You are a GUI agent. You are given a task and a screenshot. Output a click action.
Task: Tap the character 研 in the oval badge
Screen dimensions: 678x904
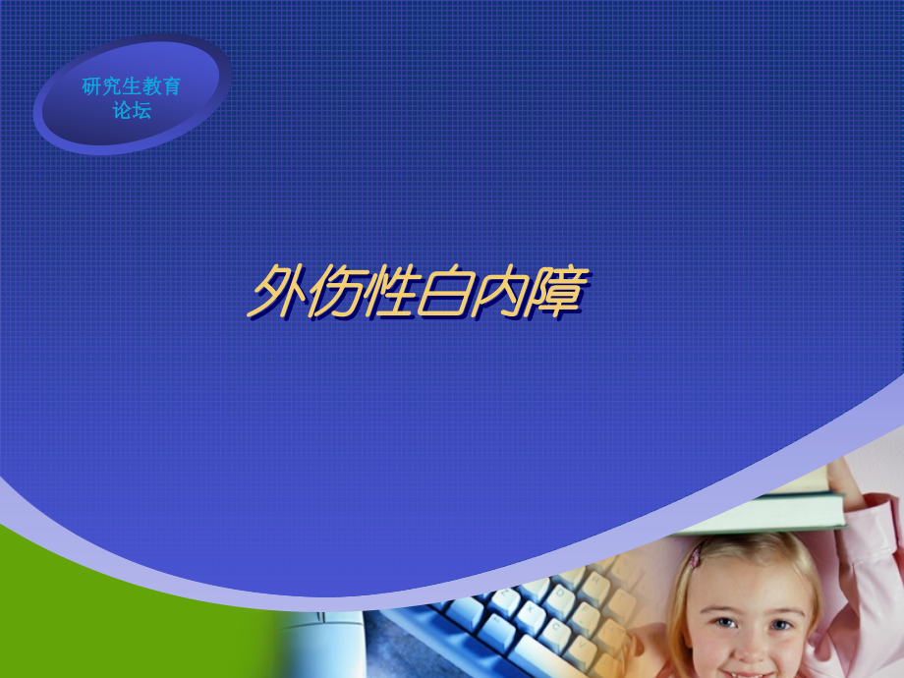(x=91, y=86)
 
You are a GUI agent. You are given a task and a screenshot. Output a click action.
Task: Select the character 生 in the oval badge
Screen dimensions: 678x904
(x=132, y=86)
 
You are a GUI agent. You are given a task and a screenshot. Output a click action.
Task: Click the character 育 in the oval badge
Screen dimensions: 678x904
(x=172, y=86)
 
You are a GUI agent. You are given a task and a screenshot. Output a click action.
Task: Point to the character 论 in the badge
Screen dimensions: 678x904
(x=122, y=110)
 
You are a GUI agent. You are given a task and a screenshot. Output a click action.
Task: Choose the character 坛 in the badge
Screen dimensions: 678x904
(x=142, y=110)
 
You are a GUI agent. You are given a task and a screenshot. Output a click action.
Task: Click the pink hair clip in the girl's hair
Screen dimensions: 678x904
(x=696, y=557)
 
